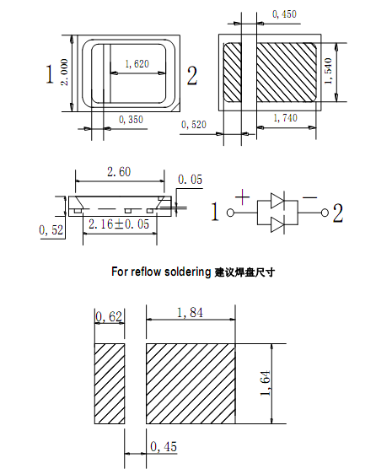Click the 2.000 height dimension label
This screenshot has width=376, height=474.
click(65, 73)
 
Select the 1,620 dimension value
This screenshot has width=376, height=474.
click(137, 64)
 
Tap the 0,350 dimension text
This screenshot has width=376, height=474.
click(131, 120)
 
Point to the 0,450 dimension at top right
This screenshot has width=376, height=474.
click(284, 14)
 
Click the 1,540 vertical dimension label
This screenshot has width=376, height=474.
click(329, 72)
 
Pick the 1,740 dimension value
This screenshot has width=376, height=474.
click(286, 118)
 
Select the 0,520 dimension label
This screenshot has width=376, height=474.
click(194, 125)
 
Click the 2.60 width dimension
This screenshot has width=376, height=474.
click(119, 172)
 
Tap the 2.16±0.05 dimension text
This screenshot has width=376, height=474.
click(119, 224)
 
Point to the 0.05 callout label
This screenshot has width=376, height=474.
click(191, 180)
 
